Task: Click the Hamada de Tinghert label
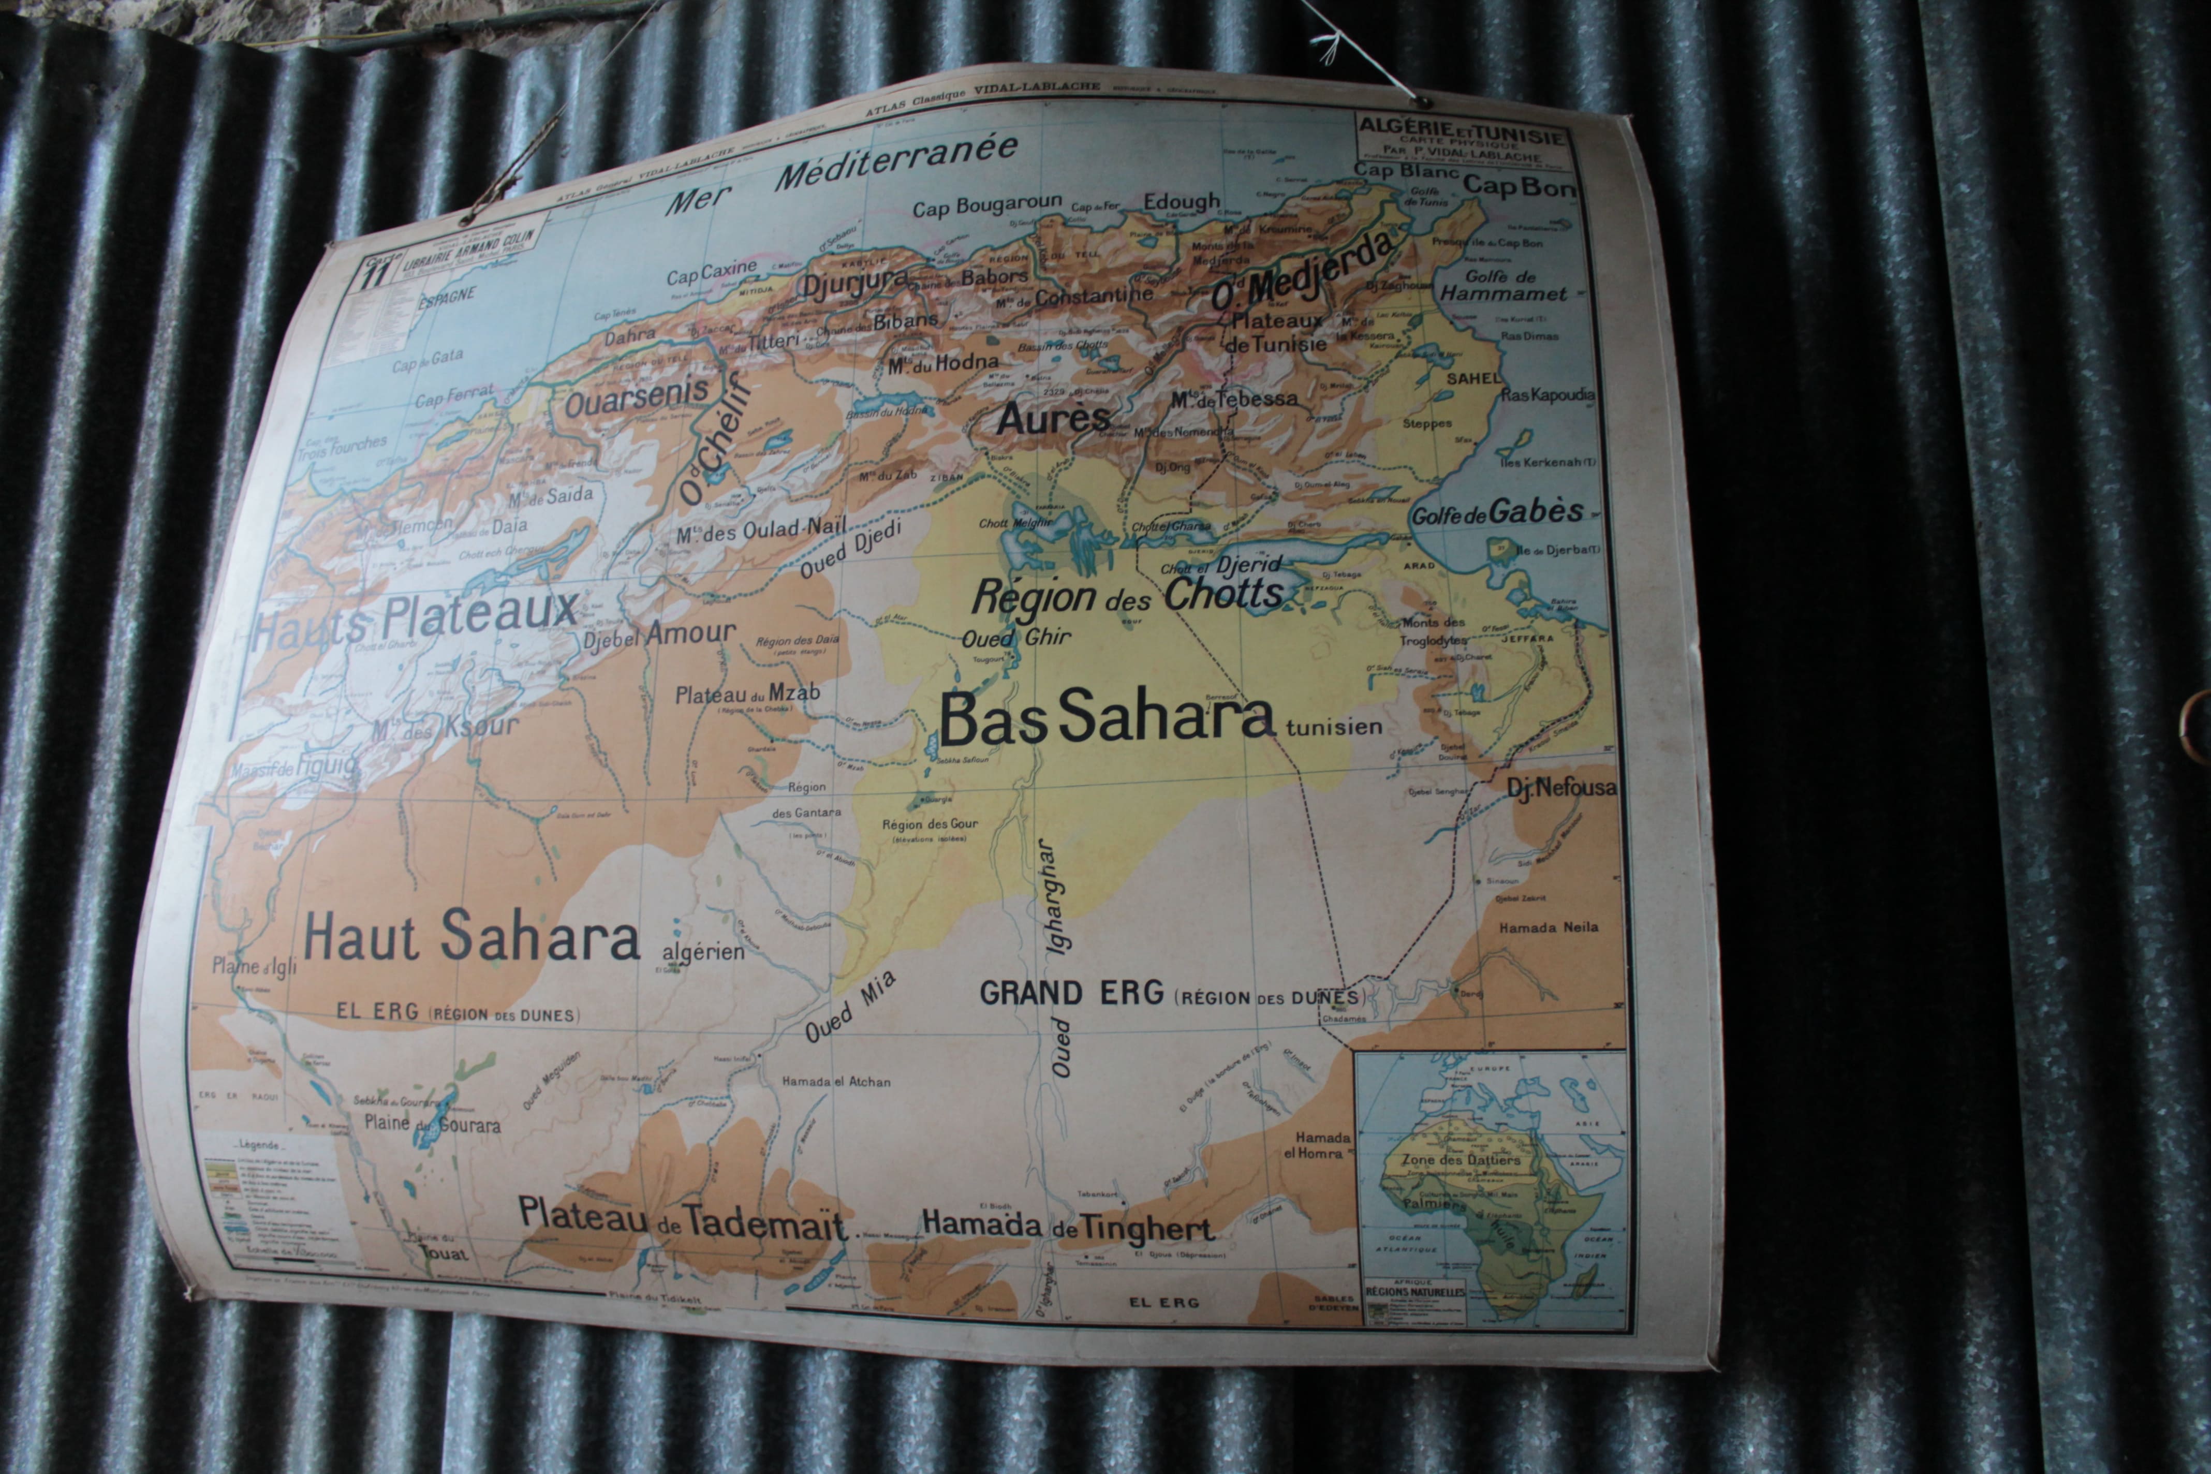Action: (x=1068, y=1225)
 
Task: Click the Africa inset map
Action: (x=1490, y=1189)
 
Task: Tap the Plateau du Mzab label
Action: (x=747, y=695)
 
